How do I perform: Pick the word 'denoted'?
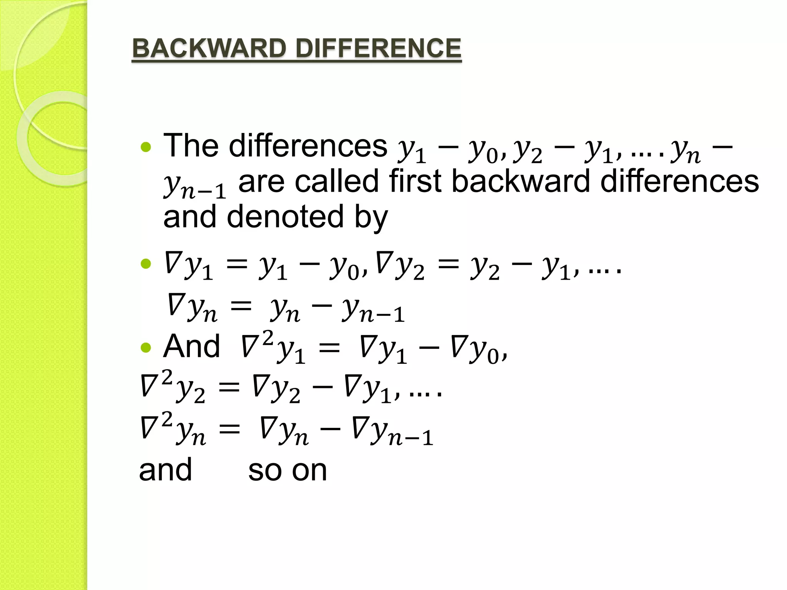[x=285, y=217]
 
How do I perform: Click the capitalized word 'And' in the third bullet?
[x=192, y=346]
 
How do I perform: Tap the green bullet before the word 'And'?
[x=146, y=348]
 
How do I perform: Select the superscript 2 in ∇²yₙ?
[x=166, y=419]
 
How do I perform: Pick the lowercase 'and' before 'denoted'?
[x=190, y=217]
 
